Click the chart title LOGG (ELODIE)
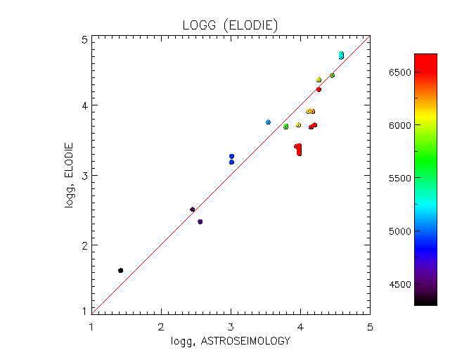pos(231,26)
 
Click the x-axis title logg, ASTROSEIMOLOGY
pos(230,341)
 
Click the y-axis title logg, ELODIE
pos(68,175)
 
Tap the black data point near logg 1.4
pos(121,270)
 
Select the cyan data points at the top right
pos(341,55)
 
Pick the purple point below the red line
pos(200,221)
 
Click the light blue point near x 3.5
pos(268,122)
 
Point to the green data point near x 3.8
pos(286,127)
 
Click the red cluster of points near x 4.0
pos(299,149)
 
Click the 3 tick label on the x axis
pos(231,326)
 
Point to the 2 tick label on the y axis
pos(84,245)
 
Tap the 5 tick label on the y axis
pos(84,40)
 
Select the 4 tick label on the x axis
pos(300,326)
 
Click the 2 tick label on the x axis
pos(161,326)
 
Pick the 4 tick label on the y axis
pos(84,105)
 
